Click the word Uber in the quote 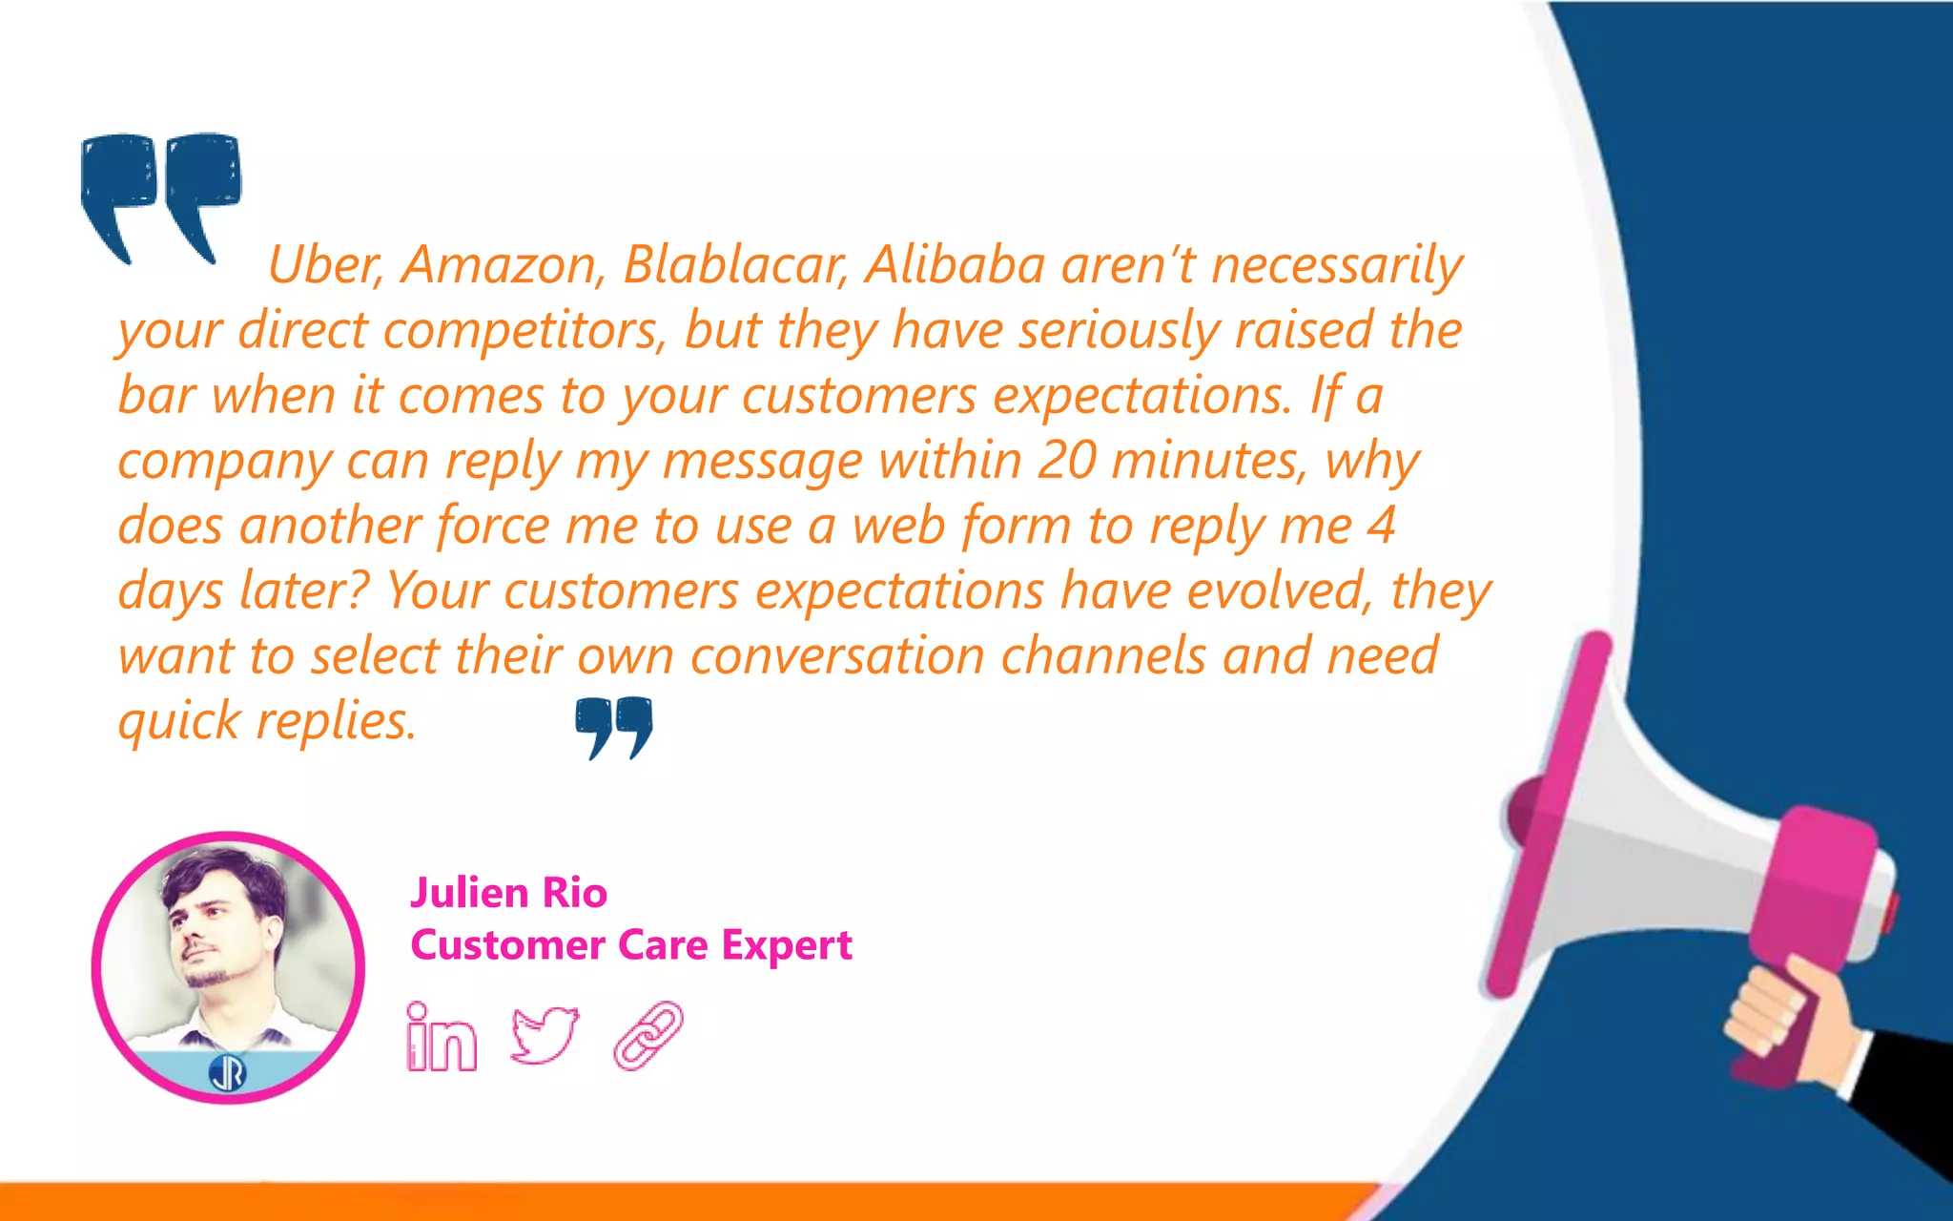323,264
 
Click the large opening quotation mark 160,196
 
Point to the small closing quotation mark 614,727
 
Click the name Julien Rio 508,893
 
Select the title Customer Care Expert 631,945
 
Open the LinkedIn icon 441,1037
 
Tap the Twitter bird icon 545,1034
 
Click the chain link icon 648,1035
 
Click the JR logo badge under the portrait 227,1073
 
